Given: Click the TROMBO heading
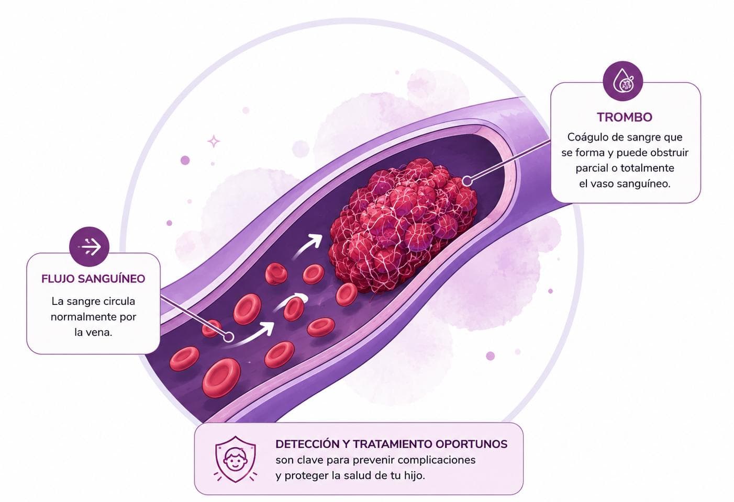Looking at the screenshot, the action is [x=625, y=117].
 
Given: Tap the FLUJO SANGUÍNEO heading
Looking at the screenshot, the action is [x=93, y=279].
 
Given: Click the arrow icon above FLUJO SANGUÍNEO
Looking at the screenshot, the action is [x=90, y=246].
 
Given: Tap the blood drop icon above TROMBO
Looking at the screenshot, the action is [x=623, y=81].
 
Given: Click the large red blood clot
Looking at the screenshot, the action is [x=403, y=226].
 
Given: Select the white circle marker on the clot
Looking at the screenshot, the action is [x=466, y=181].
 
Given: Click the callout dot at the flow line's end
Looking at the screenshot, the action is [x=229, y=337].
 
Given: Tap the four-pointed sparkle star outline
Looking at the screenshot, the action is [x=214, y=141].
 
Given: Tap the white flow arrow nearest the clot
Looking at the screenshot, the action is [x=307, y=247].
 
